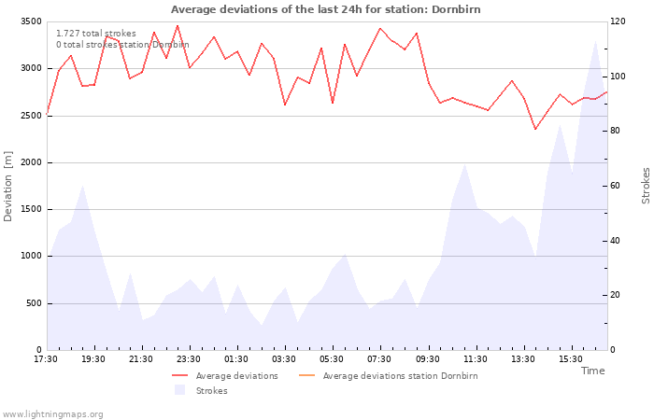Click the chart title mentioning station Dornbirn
[x=326, y=9]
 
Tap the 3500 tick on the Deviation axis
[x=32, y=21]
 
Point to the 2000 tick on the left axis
[x=32, y=162]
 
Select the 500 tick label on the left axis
[x=35, y=303]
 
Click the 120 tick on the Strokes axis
[x=618, y=21]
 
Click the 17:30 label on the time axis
[x=46, y=359]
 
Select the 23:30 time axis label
[x=189, y=359]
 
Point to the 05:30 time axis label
[x=332, y=359]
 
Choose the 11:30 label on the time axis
[x=475, y=359]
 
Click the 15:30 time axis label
[x=571, y=359]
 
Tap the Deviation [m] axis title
[x=7, y=187]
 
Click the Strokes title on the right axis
[x=646, y=186]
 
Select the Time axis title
[x=592, y=371]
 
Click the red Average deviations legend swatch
[x=179, y=376]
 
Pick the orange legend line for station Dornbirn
[x=307, y=376]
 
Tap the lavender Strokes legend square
[x=179, y=390]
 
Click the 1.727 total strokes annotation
[x=96, y=34]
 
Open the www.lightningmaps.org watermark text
[x=52, y=414]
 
